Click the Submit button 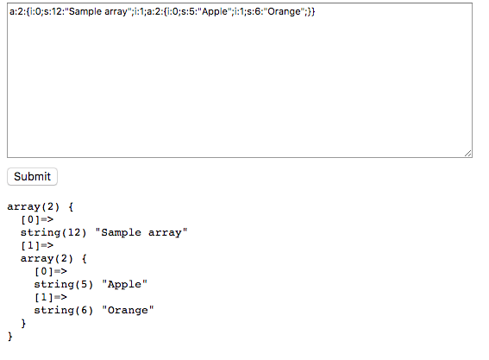(32, 176)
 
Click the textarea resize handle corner (467, 154)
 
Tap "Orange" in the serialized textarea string (284, 11)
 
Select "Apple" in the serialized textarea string (215, 12)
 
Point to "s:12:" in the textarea (54, 11)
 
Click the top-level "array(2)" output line (33, 206)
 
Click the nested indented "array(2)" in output (47, 258)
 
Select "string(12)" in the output (53, 232)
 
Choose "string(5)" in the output (64, 284)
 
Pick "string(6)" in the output (64, 310)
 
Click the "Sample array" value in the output (141, 232)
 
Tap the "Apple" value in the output (124, 284)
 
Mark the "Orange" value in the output (128, 310)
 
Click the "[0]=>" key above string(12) (37, 219)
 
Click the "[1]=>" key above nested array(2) (37, 245)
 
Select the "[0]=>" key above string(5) (51, 271)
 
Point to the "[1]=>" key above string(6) (51, 297)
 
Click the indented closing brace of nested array (23, 323)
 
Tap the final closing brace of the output (10, 337)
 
